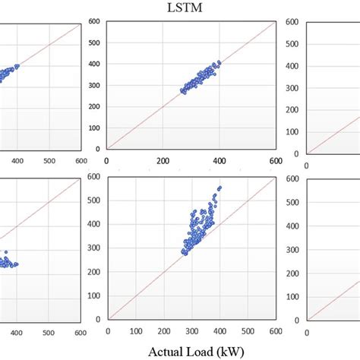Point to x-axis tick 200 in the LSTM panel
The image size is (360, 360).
pyautogui.click(x=163, y=161)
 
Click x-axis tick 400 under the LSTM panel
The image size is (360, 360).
pyautogui.click(x=219, y=161)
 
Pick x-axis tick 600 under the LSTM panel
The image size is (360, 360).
pyautogui.click(x=274, y=161)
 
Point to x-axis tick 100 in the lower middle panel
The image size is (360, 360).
pyautogui.click(x=137, y=331)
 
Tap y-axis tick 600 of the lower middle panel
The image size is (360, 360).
pyautogui.click(x=95, y=178)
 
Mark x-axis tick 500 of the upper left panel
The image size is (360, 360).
pyautogui.click(x=49, y=161)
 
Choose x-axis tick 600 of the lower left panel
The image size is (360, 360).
pyautogui.click(x=80, y=331)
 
